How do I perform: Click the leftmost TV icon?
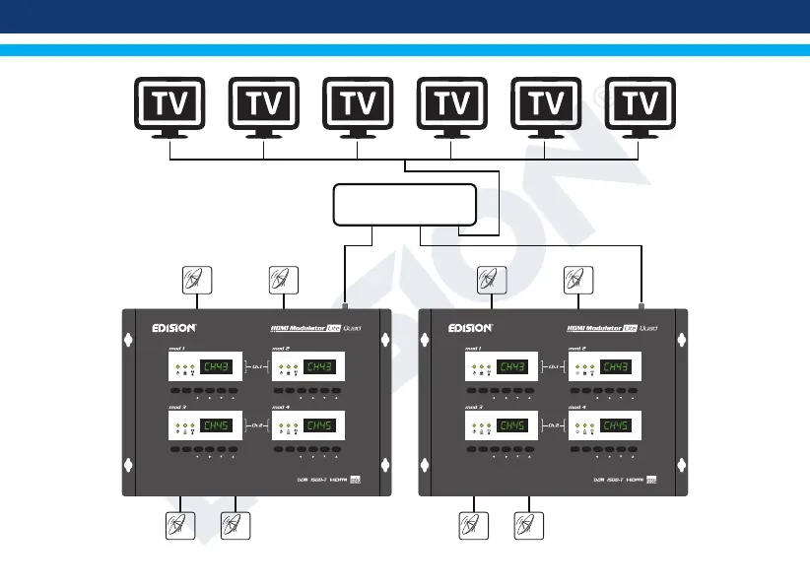click(x=169, y=106)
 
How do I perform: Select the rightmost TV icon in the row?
click(x=641, y=106)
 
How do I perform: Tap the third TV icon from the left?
click(x=359, y=106)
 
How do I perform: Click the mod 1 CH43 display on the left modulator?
click(x=219, y=367)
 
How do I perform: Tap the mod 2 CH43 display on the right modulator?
click(x=617, y=367)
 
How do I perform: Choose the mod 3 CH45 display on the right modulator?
click(x=512, y=426)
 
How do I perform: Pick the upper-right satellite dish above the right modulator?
click(x=576, y=281)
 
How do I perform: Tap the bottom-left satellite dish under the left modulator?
click(x=177, y=527)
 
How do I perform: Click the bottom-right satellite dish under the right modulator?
click(x=529, y=527)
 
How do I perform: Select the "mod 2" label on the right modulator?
click(x=576, y=349)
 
